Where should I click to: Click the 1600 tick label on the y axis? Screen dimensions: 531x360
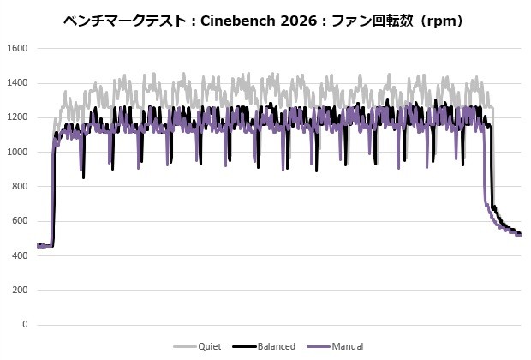[17, 49]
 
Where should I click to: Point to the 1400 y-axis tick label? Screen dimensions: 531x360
[17, 83]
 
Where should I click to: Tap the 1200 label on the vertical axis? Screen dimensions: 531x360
[17, 117]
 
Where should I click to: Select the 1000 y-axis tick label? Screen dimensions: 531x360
[17, 153]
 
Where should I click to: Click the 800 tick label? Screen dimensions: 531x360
[20, 187]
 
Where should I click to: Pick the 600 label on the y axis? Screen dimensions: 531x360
[20, 221]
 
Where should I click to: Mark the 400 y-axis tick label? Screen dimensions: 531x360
[20, 255]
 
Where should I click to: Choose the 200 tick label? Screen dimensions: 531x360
[20, 291]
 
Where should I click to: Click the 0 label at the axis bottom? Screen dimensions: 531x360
[25, 325]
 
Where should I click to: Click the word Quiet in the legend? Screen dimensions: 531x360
[210, 346]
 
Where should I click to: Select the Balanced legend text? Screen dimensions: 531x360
[277, 346]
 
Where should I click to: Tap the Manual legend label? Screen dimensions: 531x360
[348, 346]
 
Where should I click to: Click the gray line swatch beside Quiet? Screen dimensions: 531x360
[185, 347]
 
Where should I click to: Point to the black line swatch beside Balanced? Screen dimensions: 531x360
[244, 347]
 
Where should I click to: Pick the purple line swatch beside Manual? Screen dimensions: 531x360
[319, 347]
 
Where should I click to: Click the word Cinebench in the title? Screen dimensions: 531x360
[238, 21]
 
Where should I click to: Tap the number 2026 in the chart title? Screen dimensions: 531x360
[299, 21]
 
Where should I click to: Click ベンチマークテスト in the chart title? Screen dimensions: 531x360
[125, 21]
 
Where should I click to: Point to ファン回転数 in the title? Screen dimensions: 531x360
[372, 21]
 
